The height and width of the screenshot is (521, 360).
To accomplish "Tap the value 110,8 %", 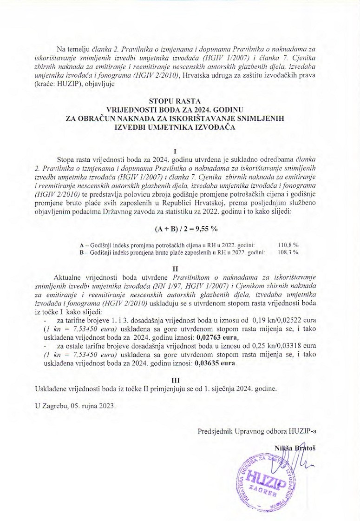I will click(288, 244).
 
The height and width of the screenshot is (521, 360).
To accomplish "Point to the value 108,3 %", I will click(288, 252).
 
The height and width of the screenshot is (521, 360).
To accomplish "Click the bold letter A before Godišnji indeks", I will click(82, 244).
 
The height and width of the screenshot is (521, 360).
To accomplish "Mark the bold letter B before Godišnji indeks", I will click(82, 252).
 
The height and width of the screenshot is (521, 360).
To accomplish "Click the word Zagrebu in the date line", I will click(56, 405).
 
